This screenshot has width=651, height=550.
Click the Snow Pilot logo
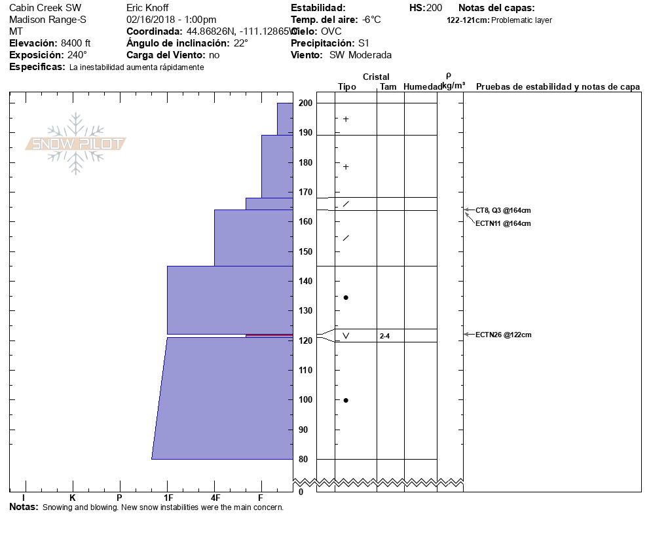76,144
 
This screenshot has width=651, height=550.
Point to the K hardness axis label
73,498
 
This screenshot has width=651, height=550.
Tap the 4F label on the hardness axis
214,498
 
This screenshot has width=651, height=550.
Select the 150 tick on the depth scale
305,251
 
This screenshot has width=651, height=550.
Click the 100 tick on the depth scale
305,399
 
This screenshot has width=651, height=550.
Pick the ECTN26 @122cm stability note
503,335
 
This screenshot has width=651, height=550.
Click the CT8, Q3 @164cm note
503,210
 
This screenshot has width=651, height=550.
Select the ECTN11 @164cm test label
503,223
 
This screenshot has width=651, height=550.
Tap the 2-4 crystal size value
384,336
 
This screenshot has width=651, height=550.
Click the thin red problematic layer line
269,335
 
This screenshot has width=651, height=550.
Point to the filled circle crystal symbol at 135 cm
346,297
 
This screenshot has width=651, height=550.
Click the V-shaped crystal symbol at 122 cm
346,336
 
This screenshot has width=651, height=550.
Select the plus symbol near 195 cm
346,119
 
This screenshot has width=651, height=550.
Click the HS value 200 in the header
434,8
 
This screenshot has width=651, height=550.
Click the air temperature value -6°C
371,20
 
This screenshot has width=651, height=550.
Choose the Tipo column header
347,86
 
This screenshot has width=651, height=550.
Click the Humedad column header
422,86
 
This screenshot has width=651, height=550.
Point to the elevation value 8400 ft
76,43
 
